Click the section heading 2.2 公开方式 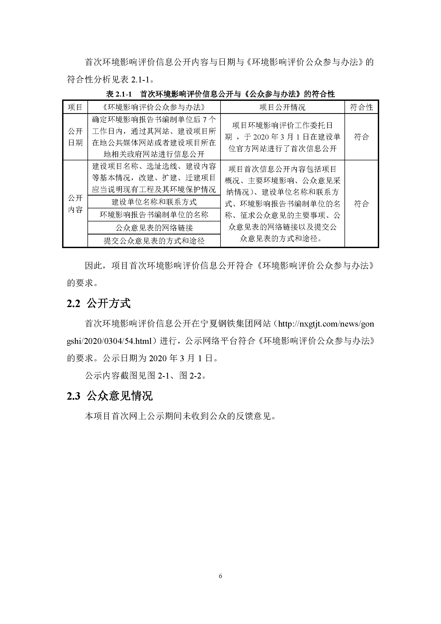(x=99, y=303)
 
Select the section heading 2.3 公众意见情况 (x=110, y=396)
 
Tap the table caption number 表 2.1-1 (x=119, y=94)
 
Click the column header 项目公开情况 (x=282, y=107)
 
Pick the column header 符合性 (x=361, y=107)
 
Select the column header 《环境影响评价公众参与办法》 (x=154, y=107)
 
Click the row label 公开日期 (x=75, y=137)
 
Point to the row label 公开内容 (x=75, y=204)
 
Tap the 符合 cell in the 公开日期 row (x=361, y=137)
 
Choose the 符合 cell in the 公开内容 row (x=361, y=204)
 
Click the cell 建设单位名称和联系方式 (x=154, y=202)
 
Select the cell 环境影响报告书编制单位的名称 (x=154, y=215)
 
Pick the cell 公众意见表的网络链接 (x=154, y=228)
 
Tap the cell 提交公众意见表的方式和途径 (x=154, y=241)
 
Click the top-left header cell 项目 (x=75, y=107)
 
